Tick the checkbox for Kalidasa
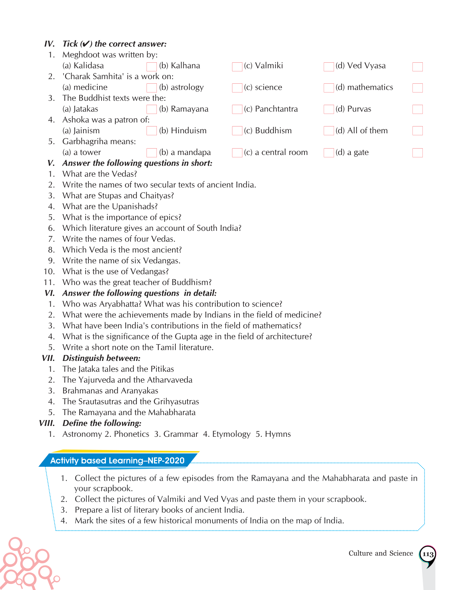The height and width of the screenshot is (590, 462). [x=152, y=67]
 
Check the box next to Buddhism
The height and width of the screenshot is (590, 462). [x=329, y=131]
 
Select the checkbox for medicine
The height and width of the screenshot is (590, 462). [x=152, y=88]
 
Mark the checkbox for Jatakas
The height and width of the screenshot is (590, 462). [x=152, y=109]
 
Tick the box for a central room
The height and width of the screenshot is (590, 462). [x=329, y=153]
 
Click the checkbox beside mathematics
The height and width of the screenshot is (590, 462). [x=417, y=88]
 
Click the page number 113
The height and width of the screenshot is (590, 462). [x=427, y=554]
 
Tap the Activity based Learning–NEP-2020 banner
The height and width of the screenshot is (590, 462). [x=117, y=460]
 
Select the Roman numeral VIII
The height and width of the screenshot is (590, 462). [x=47, y=423]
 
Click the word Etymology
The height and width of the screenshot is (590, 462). [x=231, y=434]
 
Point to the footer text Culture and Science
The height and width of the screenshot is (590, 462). [x=380, y=553]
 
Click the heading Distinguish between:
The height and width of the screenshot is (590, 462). [x=101, y=358]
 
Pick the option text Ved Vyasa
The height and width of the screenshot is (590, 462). [x=366, y=66]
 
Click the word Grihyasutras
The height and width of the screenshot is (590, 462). [x=176, y=402]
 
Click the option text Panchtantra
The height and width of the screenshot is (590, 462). [x=276, y=109]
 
